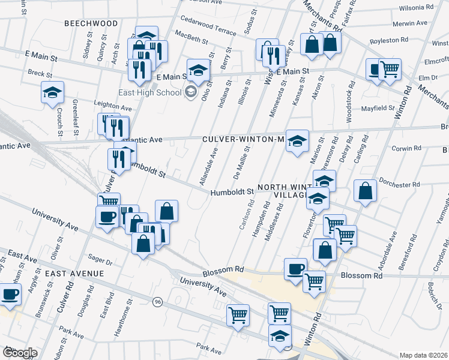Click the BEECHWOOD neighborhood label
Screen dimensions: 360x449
click(92, 23)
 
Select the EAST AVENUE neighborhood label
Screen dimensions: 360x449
click(74, 273)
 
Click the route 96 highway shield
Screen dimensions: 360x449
click(158, 301)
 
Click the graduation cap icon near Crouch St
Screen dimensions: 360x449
click(52, 92)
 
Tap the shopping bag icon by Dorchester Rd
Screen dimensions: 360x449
click(366, 191)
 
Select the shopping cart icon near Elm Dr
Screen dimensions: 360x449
click(390, 70)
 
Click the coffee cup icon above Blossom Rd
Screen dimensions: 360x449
click(295, 268)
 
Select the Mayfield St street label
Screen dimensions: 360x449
click(378, 109)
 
